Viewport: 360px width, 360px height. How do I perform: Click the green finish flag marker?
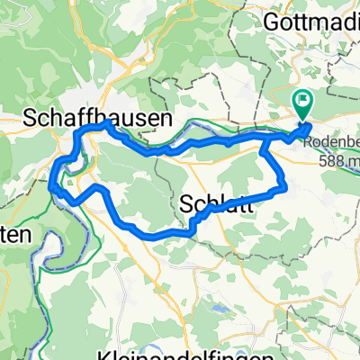tap(302, 104)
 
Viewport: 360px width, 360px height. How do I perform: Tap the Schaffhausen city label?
tap(85, 117)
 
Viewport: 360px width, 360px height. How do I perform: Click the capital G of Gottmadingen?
tap(270, 20)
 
